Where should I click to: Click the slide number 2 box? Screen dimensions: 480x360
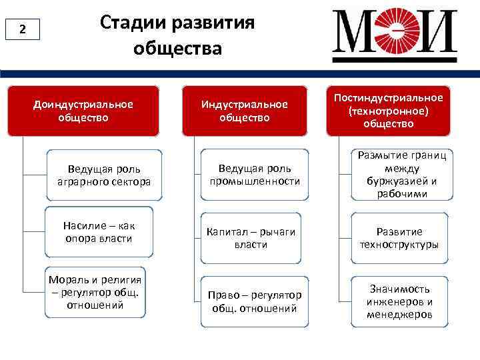click(x=23, y=29)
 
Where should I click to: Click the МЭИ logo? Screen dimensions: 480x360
click(x=395, y=33)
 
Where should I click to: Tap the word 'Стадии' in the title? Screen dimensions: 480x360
click(x=133, y=23)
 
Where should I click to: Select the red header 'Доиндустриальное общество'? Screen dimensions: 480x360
click(x=83, y=111)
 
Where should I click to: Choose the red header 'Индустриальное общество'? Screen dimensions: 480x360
click(x=245, y=111)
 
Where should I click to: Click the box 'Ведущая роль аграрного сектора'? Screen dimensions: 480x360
click(x=103, y=175)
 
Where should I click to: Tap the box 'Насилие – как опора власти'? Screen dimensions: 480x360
click(x=99, y=232)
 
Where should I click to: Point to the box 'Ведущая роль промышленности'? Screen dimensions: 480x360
click(x=255, y=175)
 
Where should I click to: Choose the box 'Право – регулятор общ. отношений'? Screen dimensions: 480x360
click(x=255, y=301)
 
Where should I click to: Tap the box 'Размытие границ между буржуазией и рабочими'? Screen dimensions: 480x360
click(x=401, y=174)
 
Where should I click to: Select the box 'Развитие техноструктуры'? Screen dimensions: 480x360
click(x=399, y=238)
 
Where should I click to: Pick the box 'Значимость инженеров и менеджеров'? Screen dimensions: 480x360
click(x=399, y=301)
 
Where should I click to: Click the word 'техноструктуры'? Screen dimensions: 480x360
click(x=399, y=245)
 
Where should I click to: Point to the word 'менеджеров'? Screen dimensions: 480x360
click(x=399, y=314)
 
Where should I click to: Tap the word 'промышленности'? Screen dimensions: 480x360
click(x=255, y=181)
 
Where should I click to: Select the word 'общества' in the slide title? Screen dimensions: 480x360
click(x=177, y=49)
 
